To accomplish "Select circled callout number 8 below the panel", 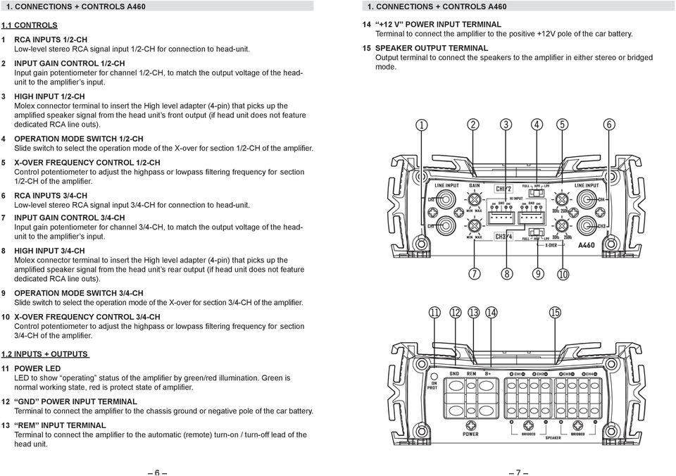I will click(506, 273).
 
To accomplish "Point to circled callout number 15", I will click(555, 313).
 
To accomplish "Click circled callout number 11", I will click(436, 313).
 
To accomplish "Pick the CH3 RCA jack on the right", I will click(584, 225).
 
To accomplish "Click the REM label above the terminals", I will click(471, 373).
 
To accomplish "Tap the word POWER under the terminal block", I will click(470, 434).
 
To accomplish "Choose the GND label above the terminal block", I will click(453, 373).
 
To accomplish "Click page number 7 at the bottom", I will click(517, 472).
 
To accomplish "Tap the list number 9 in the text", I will click(5, 292).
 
